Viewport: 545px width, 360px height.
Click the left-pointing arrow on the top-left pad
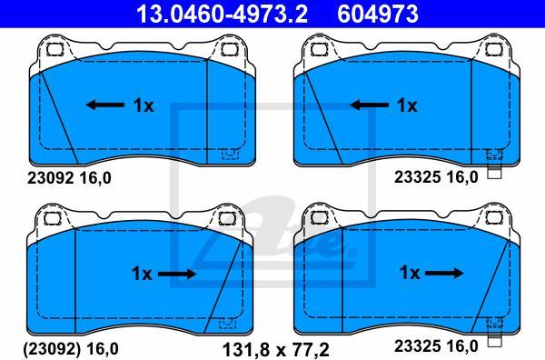pos(105,105)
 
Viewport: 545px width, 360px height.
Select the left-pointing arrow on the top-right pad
pos(369,105)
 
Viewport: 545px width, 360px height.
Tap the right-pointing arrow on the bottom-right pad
pos(444,273)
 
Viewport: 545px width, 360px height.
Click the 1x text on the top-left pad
pos(144,105)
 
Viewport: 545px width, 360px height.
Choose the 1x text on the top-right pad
pos(406,105)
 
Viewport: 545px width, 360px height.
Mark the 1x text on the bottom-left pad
pos(141,273)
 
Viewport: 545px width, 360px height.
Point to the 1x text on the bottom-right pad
pos(410,273)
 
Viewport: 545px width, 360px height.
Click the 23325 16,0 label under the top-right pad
pos(435,179)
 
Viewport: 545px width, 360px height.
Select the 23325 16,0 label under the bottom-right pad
pos(435,346)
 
